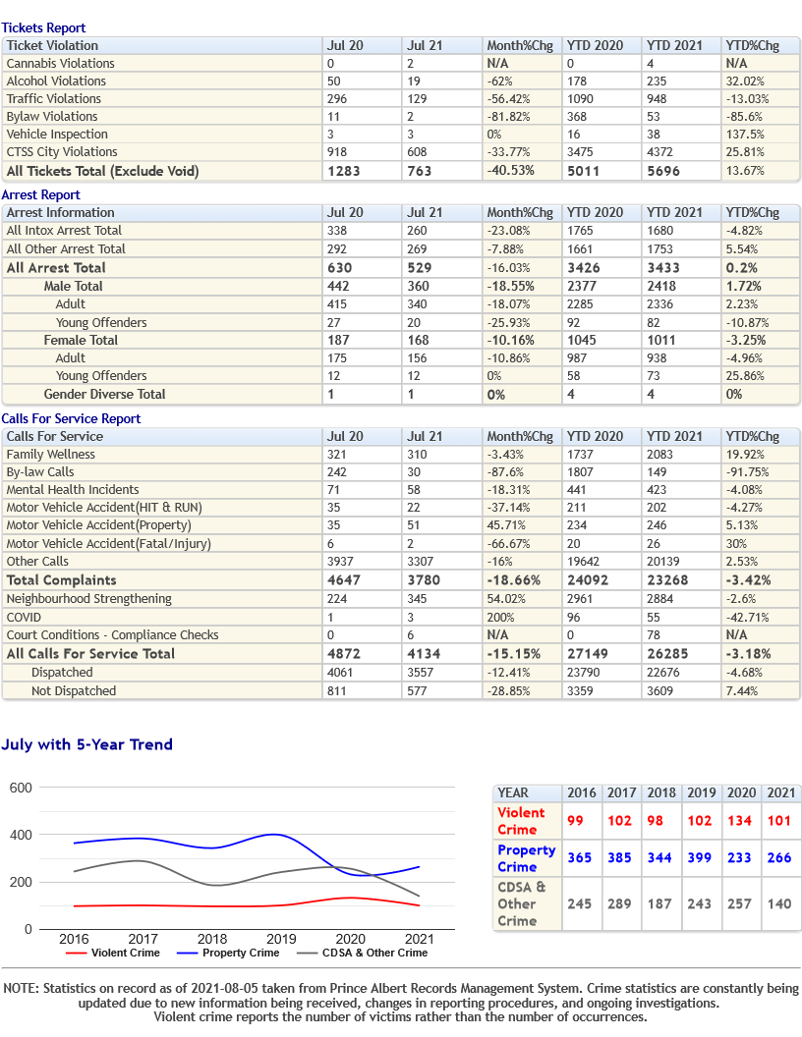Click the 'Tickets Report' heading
click(43, 27)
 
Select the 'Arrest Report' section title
click(41, 195)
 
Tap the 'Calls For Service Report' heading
click(71, 418)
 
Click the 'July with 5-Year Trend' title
click(86, 744)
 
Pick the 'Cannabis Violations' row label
click(60, 64)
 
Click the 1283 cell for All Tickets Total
click(343, 171)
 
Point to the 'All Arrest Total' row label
click(56, 268)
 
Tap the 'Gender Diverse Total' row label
click(104, 394)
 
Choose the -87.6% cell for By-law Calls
click(505, 472)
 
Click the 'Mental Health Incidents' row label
click(73, 490)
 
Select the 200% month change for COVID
click(500, 617)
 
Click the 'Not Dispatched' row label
click(74, 691)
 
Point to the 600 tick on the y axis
click(21, 788)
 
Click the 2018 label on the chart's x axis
click(211, 939)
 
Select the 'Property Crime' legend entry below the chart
click(228, 953)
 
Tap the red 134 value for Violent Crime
click(739, 821)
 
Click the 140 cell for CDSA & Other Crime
click(778, 903)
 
